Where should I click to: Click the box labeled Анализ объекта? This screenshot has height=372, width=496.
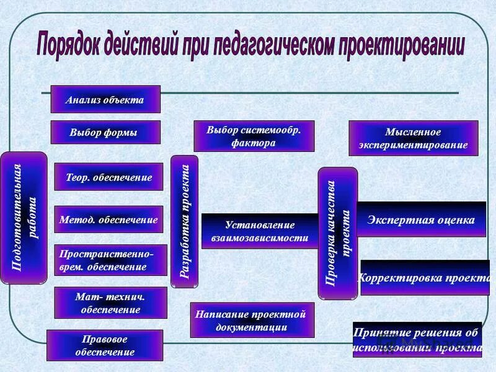pos(105,99)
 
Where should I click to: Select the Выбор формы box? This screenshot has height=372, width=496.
pos(105,132)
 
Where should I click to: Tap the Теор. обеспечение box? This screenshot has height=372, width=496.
pos(108,177)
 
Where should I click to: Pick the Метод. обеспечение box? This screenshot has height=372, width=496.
pos(108,219)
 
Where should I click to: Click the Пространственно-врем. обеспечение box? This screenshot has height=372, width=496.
pos(111,260)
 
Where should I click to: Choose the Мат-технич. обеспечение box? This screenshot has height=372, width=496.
pos(110,303)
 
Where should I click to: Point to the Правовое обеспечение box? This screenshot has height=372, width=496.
pos(104,345)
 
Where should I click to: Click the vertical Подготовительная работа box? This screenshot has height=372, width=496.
pos(24,218)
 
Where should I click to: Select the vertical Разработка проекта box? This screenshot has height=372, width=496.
pos(184,221)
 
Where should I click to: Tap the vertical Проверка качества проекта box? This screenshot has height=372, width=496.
pos(338,233)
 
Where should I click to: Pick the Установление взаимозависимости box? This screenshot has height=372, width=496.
pos(259,231)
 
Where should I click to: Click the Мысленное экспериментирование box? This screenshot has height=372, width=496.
pos(413,138)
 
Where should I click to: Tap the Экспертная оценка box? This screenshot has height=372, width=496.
pos(421,219)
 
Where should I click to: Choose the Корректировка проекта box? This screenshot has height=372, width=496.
pos(425,277)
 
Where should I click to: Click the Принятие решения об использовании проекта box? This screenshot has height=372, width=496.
pos(417,339)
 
